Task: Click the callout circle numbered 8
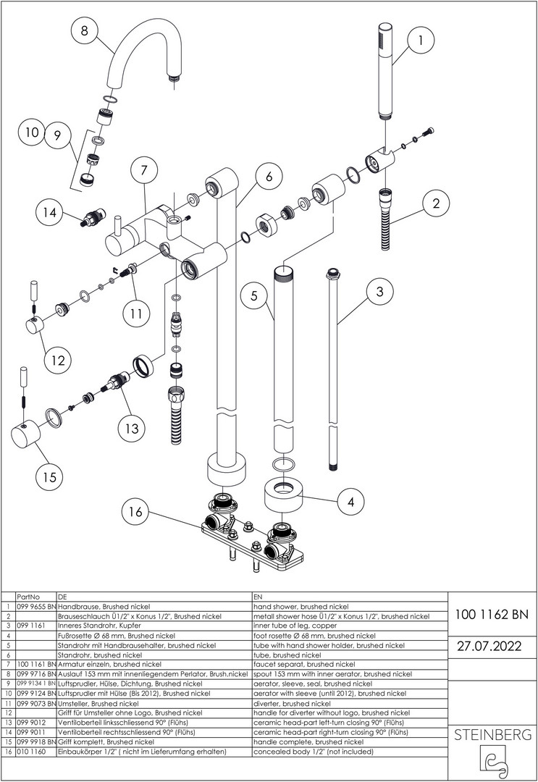pos(85,30)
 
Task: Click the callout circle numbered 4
pos(350,500)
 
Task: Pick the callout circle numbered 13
pos(131,429)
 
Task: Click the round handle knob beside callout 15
pos(28,437)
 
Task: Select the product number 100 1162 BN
pos(492,615)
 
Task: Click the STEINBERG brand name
pos(492,735)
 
